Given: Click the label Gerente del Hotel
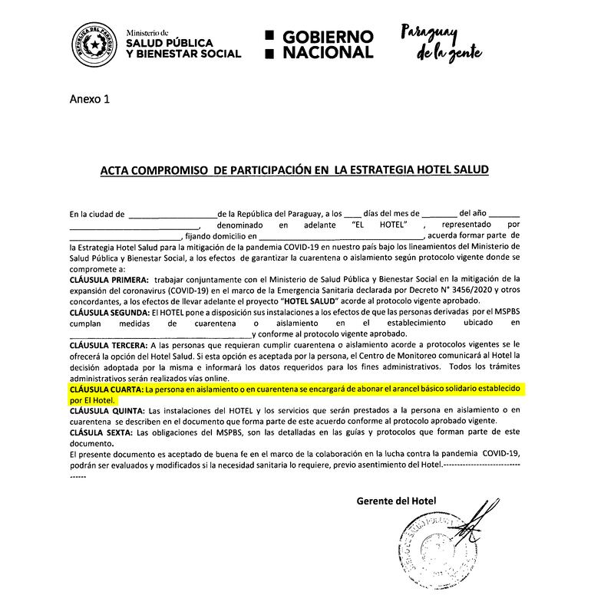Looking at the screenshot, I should tap(396, 501).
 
